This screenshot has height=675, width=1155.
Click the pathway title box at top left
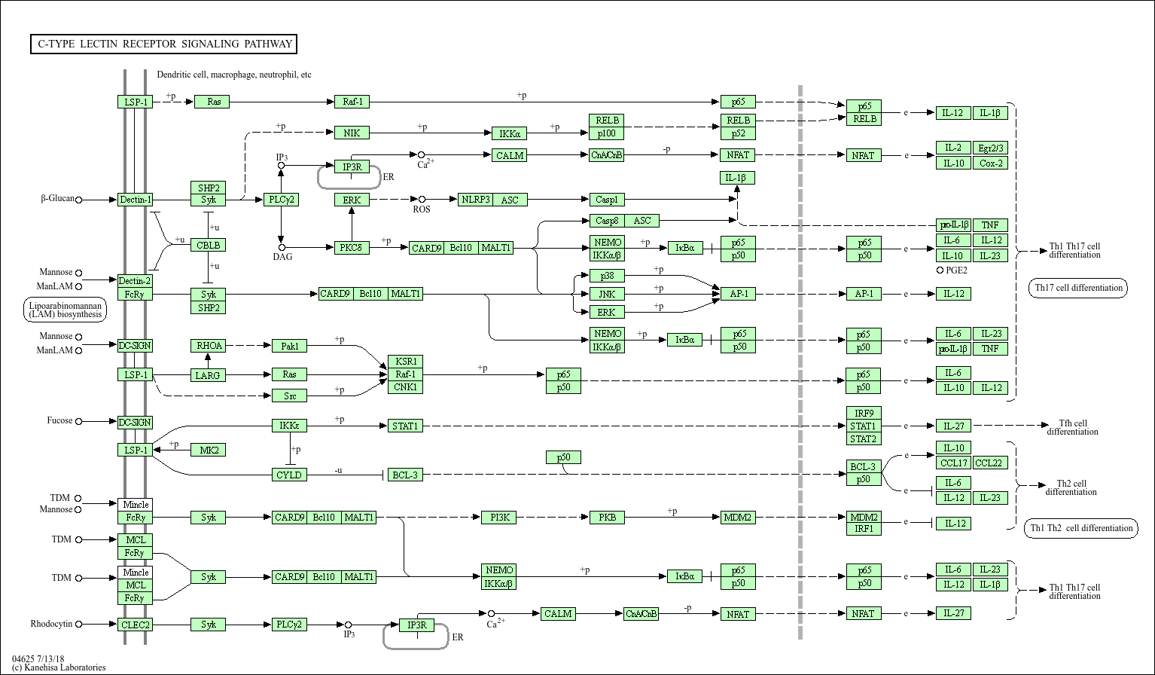(163, 44)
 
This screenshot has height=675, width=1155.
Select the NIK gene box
(352, 133)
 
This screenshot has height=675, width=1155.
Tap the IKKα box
(509, 133)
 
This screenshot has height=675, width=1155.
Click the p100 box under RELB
(606, 133)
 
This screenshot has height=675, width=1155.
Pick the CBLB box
(208, 245)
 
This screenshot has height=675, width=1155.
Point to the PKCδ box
(352, 247)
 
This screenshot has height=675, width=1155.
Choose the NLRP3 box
(476, 200)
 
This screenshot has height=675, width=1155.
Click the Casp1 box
(606, 200)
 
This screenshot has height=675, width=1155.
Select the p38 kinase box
(606, 276)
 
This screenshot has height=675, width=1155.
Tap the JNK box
(606, 294)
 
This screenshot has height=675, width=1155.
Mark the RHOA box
(208, 346)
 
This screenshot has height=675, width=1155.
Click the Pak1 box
(290, 346)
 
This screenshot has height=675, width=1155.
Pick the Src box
(290, 396)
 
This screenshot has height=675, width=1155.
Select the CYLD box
(289, 475)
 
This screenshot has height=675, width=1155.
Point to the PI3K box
(499, 518)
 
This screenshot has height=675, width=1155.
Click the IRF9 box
(863, 413)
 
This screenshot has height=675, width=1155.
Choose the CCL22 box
(990, 463)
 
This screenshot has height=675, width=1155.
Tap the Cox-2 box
(990, 163)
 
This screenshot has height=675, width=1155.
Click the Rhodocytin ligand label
(51, 624)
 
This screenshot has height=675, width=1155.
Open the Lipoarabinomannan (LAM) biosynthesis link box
(65, 310)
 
